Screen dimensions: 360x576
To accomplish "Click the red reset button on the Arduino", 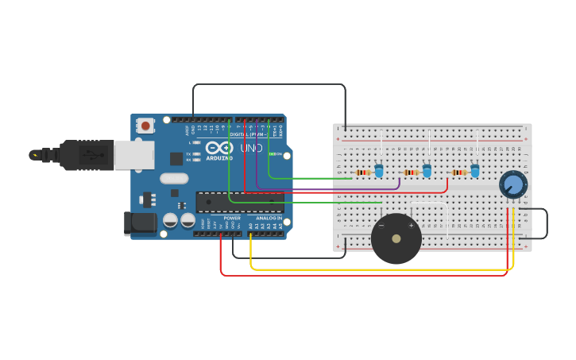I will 145,125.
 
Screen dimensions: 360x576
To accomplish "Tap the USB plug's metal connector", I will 133,155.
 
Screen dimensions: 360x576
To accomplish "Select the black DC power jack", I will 140,223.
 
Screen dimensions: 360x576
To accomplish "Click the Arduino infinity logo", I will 218,148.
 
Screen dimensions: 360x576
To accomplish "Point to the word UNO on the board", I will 251,149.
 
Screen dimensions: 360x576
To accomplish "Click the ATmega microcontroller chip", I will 240,202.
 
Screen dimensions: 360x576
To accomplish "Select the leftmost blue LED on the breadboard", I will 379,171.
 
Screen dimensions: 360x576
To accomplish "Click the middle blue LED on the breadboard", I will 427,171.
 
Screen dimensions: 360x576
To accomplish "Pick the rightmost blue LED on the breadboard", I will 475,171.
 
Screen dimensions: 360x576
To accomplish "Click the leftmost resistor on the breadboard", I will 363,172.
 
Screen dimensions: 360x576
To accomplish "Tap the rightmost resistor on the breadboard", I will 458,172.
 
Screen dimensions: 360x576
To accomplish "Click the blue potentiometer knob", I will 513,185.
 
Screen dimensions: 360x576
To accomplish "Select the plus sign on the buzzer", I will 411,226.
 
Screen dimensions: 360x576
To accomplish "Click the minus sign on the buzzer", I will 381,226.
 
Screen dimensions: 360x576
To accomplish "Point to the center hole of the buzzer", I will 396,238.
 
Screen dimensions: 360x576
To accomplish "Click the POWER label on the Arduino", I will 232,218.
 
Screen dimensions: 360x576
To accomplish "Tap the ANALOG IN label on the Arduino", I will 269,218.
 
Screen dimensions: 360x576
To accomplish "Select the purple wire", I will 334,188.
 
